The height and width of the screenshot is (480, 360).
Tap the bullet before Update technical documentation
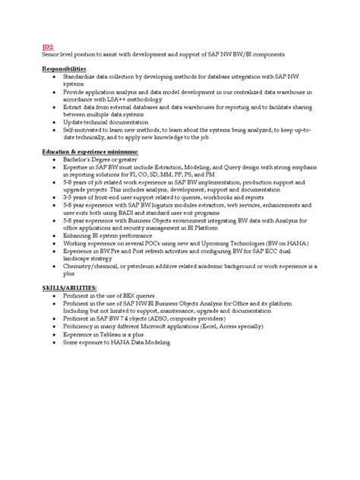[50, 122]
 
